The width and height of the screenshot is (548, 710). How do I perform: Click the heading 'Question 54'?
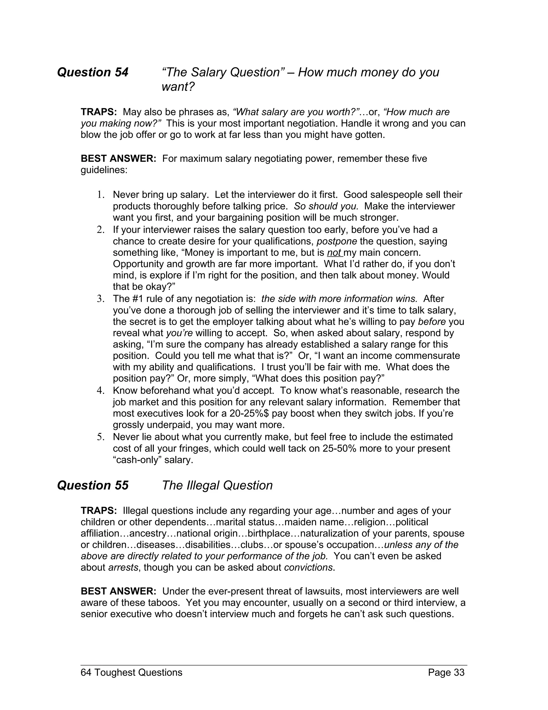(x=93, y=72)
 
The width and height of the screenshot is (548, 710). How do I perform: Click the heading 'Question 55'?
(x=93, y=485)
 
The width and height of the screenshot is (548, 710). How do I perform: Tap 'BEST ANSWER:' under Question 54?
(x=119, y=159)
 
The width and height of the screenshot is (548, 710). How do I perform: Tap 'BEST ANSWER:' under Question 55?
(x=119, y=591)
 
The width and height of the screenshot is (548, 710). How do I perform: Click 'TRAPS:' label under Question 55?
(x=99, y=511)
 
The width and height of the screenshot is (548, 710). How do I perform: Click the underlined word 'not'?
(x=334, y=253)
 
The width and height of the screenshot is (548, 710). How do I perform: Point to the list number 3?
(x=100, y=299)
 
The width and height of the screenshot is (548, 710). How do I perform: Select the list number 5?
(x=100, y=437)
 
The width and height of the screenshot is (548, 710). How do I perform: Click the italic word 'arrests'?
(x=123, y=568)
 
